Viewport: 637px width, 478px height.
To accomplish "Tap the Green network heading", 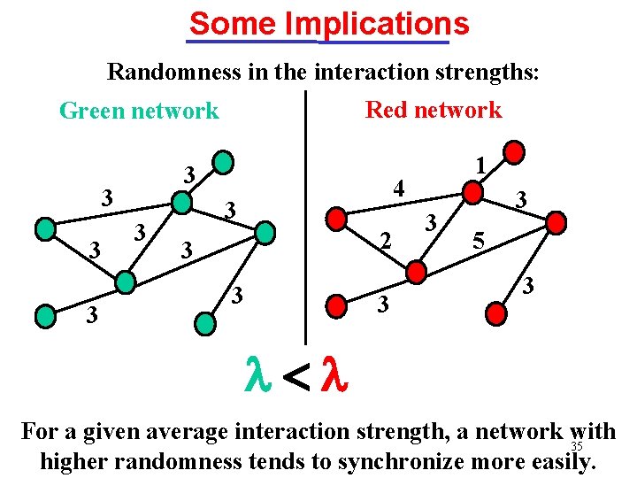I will click(x=138, y=111).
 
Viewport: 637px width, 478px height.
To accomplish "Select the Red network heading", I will click(x=433, y=110).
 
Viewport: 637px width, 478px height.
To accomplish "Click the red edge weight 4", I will click(x=400, y=188).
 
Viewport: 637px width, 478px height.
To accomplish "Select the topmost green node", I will click(x=225, y=162).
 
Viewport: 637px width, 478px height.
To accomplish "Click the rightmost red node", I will click(x=556, y=223).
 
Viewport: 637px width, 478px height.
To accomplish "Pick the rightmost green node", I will click(x=265, y=232).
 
